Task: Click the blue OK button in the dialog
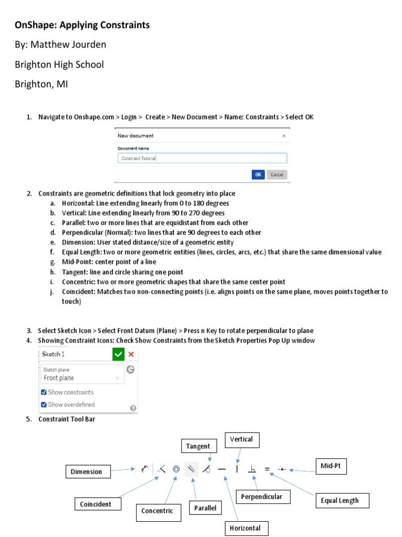click(x=258, y=175)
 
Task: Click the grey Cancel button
click(x=277, y=175)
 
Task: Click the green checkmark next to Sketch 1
click(x=118, y=355)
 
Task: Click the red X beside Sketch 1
click(x=131, y=355)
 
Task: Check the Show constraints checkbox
click(x=43, y=392)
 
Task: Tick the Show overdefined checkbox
click(x=43, y=404)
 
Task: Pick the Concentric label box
click(x=157, y=511)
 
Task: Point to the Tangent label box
click(x=199, y=446)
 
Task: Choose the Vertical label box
click(x=242, y=439)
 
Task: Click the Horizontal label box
click(x=246, y=528)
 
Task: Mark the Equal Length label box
click(x=340, y=500)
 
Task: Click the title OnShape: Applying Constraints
click(x=82, y=25)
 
